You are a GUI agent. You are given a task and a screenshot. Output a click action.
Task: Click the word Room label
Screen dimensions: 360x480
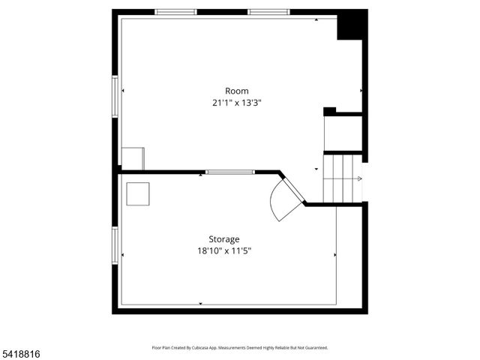point(236,91)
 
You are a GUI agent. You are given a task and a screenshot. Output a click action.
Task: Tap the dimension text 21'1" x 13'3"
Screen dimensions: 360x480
point(236,103)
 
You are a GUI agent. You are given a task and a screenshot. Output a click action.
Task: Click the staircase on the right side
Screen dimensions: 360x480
point(342,178)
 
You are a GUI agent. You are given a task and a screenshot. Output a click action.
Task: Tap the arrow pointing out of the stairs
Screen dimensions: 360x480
point(358,178)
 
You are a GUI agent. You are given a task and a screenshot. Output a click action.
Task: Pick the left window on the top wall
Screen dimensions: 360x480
point(175,12)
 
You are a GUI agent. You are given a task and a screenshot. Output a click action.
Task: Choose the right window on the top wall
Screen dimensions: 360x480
point(269,12)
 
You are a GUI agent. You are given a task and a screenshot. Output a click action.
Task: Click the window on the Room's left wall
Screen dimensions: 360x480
point(115,96)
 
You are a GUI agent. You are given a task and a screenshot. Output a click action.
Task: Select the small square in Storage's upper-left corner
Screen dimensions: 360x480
point(137,193)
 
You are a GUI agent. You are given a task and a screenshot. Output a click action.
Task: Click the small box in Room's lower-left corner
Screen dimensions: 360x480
point(133,158)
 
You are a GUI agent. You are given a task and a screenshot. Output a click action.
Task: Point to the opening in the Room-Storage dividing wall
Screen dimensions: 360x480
point(230,172)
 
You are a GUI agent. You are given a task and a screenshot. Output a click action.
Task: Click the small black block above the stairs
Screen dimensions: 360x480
point(329,112)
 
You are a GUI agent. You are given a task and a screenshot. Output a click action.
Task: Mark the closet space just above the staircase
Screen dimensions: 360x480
point(343,133)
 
